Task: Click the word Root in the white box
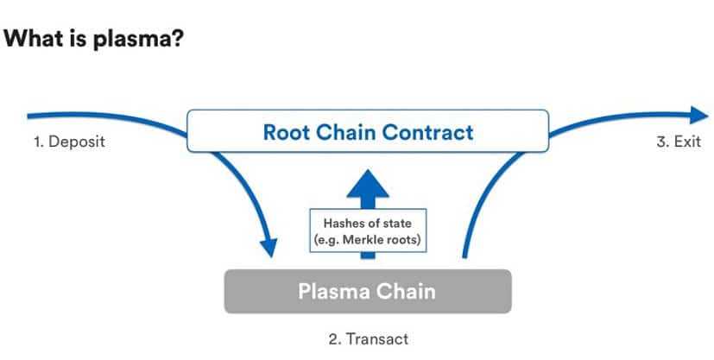click(285, 133)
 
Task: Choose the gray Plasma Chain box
click(368, 290)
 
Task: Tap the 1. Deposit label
click(69, 142)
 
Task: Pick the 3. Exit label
click(678, 142)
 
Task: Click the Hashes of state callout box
click(368, 231)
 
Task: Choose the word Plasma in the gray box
click(335, 291)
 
